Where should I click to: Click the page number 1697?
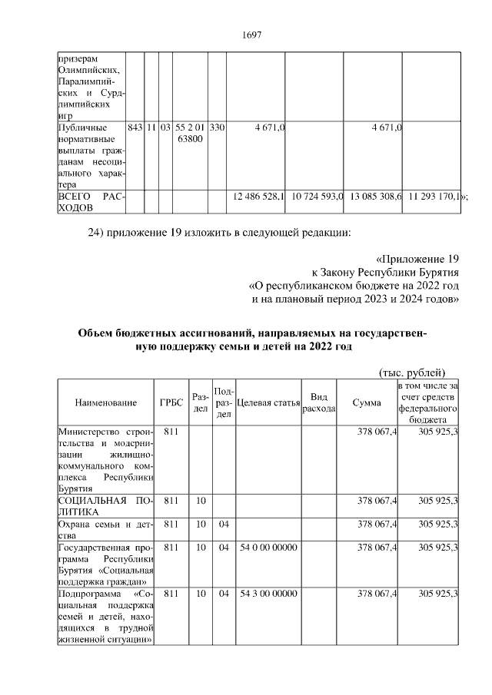point(252,35)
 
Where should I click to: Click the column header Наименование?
point(105,402)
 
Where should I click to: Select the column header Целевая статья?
point(268,402)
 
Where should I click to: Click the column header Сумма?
point(365,402)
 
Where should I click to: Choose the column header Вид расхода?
point(319,402)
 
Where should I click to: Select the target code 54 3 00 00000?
point(268,594)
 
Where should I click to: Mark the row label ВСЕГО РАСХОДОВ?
point(91,202)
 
